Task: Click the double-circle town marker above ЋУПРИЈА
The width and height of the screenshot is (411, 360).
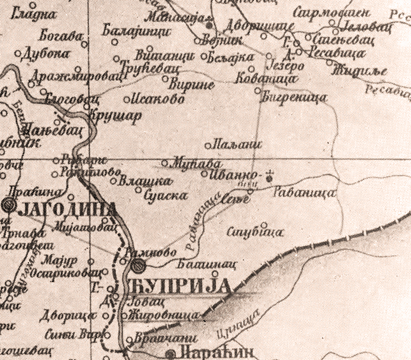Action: click(x=137, y=265)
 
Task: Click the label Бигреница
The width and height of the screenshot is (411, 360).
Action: click(x=294, y=96)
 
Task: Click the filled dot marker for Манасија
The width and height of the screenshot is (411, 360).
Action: click(x=209, y=24)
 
